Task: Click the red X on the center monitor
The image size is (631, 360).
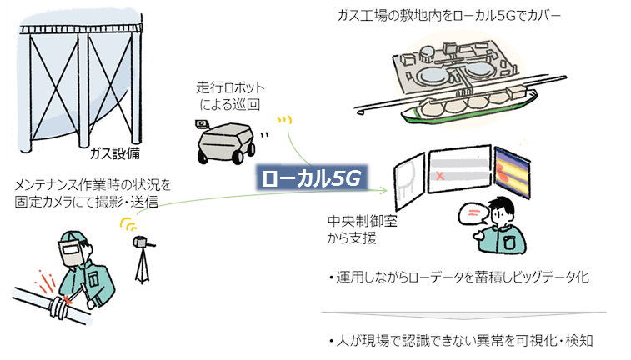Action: [x=438, y=177]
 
